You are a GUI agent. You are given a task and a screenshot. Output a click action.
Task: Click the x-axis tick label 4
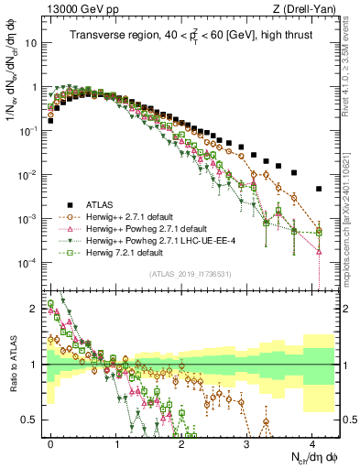tap(311, 442)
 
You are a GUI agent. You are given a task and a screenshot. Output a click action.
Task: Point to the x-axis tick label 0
tap(51, 442)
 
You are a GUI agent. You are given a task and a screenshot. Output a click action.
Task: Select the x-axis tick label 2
tap(181, 442)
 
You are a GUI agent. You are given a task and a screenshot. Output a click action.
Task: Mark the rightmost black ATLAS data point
tap(318, 189)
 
